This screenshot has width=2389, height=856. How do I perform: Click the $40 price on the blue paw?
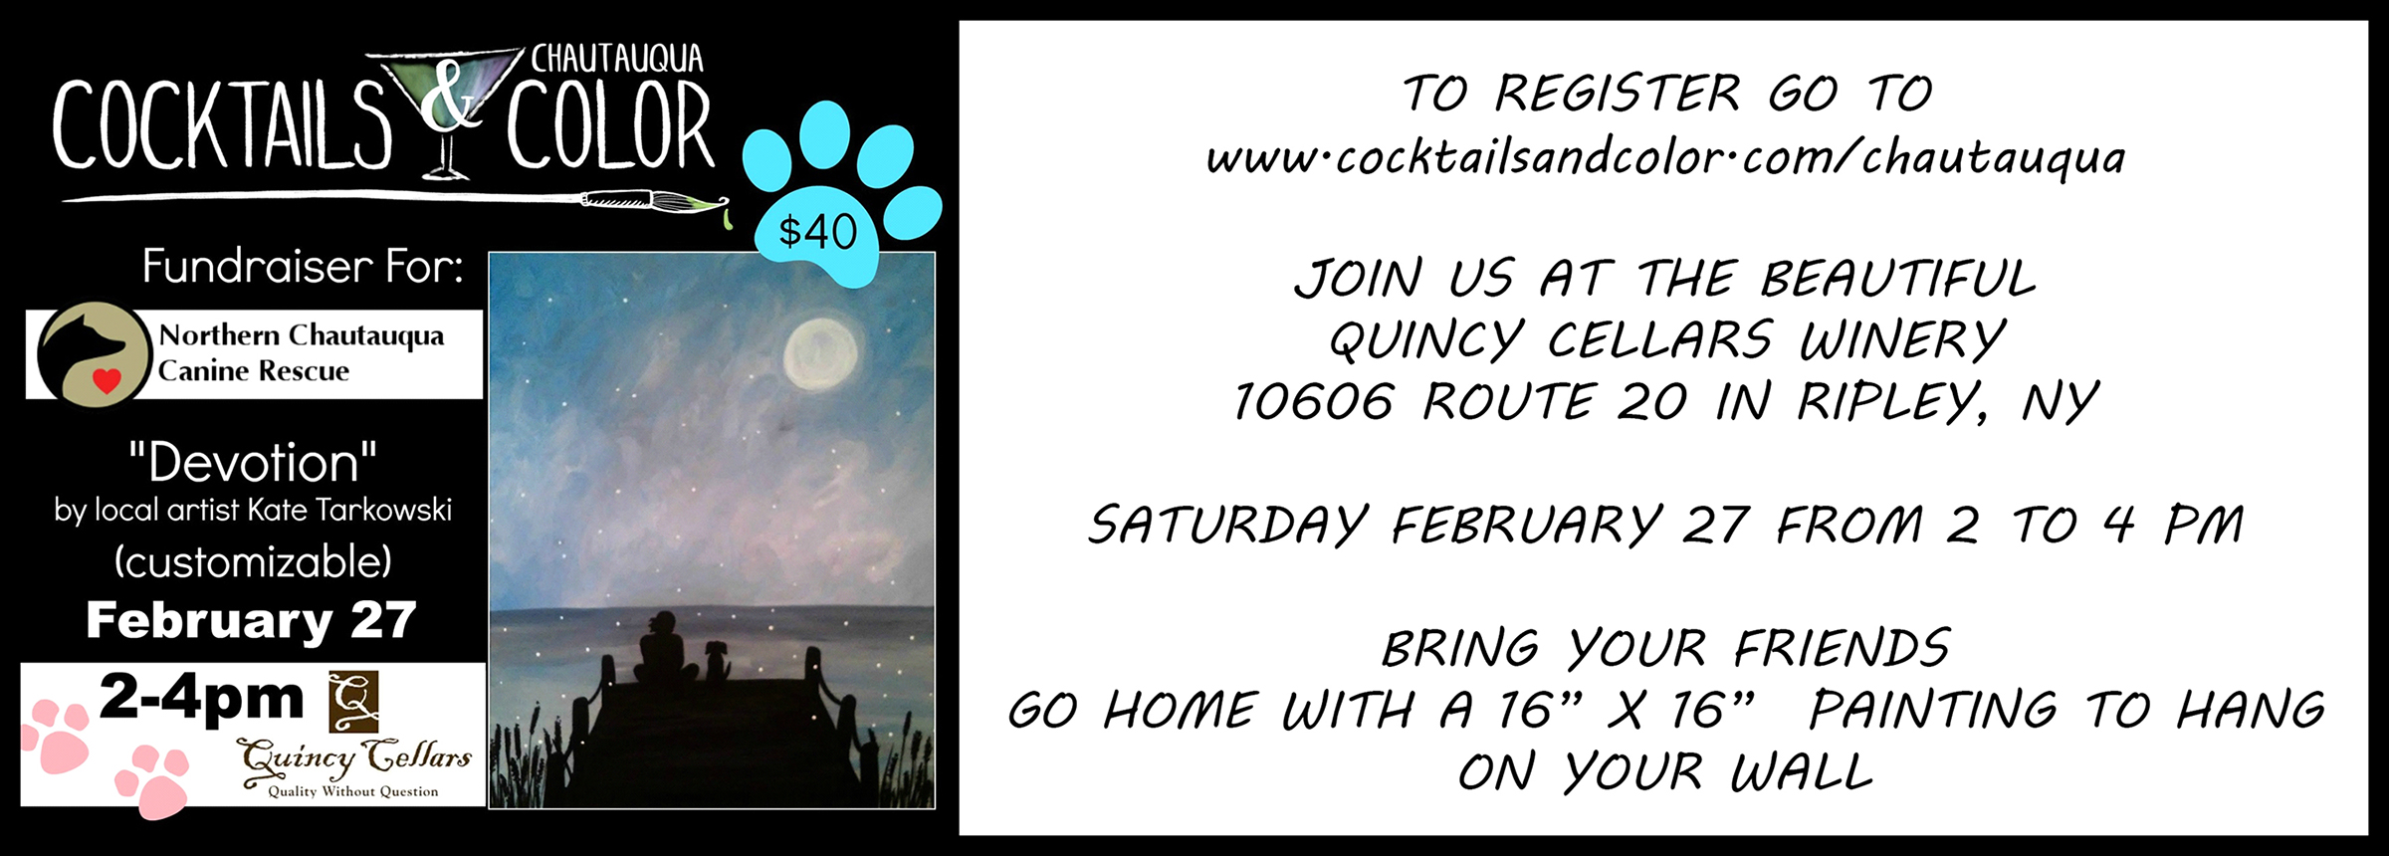click(x=817, y=232)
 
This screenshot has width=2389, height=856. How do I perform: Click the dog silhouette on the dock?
click(x=716, y=660)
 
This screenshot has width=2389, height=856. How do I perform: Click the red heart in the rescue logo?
click(x=107, y=379)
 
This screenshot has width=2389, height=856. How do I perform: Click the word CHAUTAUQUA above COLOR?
click(x=617, y=59)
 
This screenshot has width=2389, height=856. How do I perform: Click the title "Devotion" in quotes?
click(x=253, y=463)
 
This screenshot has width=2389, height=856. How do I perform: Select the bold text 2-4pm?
click(x=201, y=697)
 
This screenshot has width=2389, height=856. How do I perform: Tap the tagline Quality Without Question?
click(x=352, y=791)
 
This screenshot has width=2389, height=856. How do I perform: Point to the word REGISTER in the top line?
click(x=1619, y=94)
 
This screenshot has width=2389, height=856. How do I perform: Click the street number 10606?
click(x=1313, y=402)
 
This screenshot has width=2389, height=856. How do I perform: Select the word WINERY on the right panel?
click(x=1902, y=340)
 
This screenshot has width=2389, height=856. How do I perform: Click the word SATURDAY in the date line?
click(x=1228, y=525)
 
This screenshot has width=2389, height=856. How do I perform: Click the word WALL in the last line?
click(x=1802, y=772)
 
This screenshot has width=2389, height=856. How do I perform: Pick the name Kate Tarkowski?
click(x=349, y=511)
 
